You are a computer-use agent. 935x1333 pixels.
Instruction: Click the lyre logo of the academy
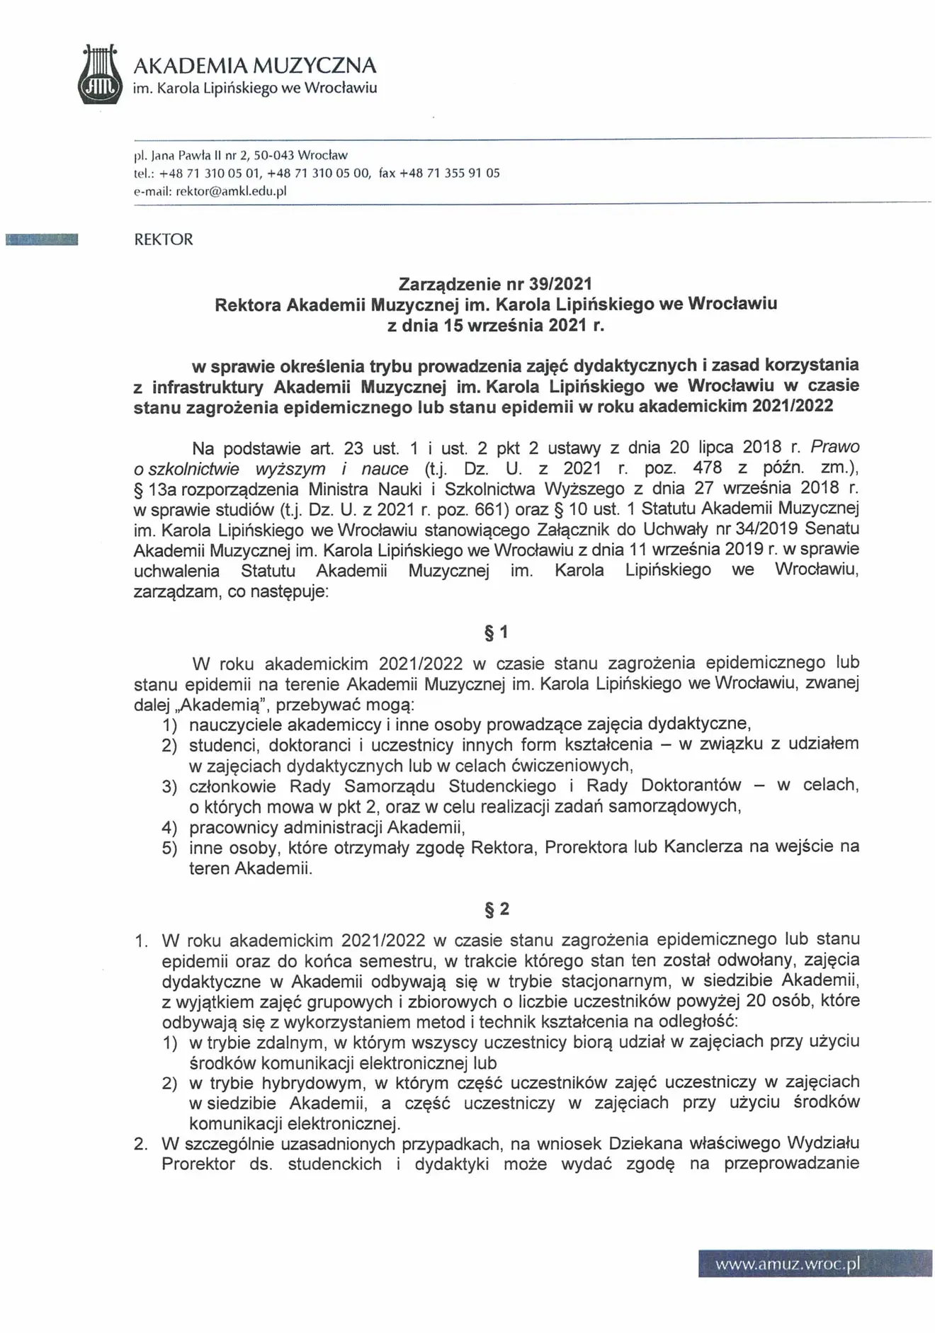pyautogui.click(x=99, y=75)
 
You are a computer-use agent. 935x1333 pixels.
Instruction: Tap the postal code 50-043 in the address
pyautogui.click(x=270, y=154)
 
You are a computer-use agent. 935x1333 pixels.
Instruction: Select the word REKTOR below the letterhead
pyautogui.click(x=164, y=239)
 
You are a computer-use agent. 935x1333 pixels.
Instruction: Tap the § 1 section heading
pyautogui.click(x=496, y=632)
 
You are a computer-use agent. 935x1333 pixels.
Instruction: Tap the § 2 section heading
pyautogui.click(x=496, y=909)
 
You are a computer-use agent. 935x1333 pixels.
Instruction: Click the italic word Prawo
pyautogui.click(x=834, y=447)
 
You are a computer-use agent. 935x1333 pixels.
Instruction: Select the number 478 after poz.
pyautogui.click(x=708, y=467)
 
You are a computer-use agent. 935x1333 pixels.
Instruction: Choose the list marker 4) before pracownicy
pyautogui.click(x=169, y=827)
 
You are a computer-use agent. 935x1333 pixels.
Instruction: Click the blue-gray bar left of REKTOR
pyautogui.click(x=42, y=239)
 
